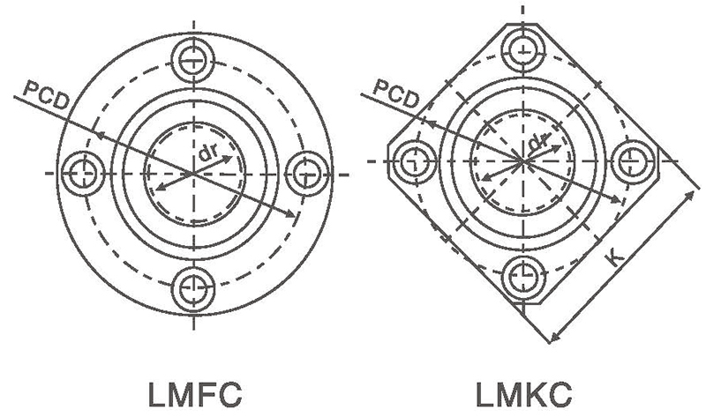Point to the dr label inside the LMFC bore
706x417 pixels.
(209, 153)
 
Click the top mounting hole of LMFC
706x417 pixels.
(192, 61)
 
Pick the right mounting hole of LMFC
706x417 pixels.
(304, 172)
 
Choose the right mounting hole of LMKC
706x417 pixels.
(633, 160)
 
